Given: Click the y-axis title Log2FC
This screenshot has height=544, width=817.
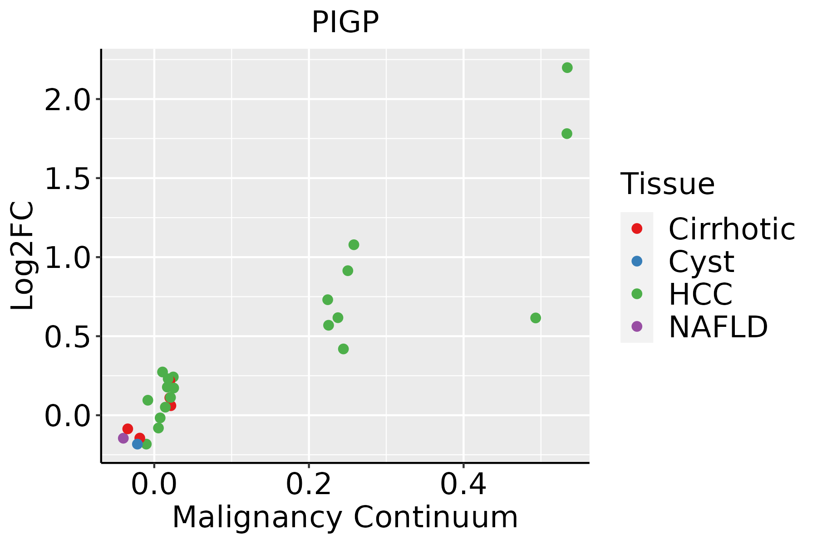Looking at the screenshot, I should click(x=23, y=256).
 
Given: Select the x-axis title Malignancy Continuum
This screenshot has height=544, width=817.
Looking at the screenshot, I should click(x=345, y=518).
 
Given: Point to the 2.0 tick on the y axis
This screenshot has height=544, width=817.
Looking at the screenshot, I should click(x=68, y=99).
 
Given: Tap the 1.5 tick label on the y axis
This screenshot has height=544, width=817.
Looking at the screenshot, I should click(x=68, y=178).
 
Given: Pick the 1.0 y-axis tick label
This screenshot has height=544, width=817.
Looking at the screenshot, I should click(x=68, y=257).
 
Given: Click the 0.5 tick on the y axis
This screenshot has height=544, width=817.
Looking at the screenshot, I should click(x=68, y=336).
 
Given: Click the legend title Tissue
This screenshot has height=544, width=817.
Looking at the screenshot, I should click(x=667, y=184).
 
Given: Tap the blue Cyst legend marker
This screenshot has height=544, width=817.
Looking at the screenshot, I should click(x=637, y=261).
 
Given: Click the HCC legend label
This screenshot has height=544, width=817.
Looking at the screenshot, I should click(x=700, y=294).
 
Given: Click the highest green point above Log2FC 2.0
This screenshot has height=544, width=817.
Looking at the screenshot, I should click(x=567, y=68).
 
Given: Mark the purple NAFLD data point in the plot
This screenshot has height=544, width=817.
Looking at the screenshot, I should click(x=123, y=438).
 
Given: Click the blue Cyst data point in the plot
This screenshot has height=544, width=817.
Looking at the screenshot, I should click(x=138, y=444).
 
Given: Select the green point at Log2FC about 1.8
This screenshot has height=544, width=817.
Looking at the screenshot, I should click(x=566, y=133).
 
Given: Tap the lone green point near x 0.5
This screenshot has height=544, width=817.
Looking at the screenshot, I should click(x=535, y=318).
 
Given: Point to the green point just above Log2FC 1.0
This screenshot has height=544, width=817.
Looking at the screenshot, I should click(x=354, y=245).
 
